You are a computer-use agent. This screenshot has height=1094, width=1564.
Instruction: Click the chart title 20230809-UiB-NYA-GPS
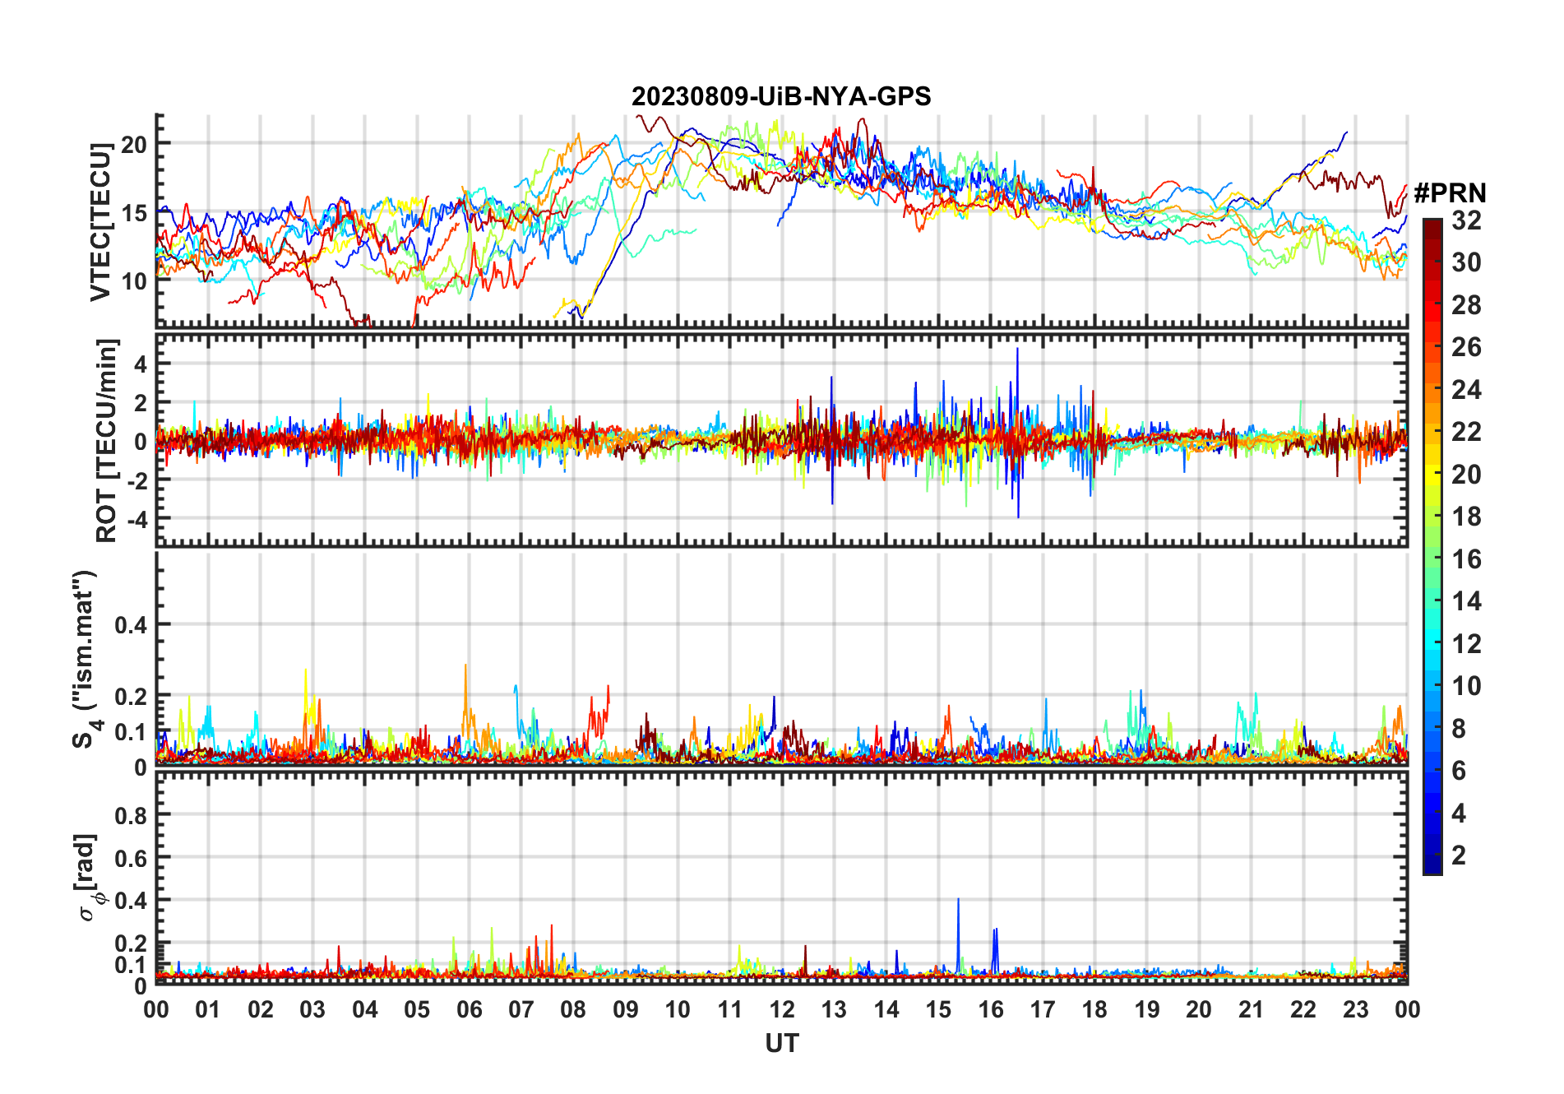point(781,96)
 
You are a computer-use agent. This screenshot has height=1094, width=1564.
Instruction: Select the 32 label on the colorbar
point(1466,220)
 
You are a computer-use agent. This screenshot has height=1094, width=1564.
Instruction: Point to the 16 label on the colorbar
point(1466,559)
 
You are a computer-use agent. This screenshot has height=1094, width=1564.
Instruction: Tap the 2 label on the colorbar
point(1459,855)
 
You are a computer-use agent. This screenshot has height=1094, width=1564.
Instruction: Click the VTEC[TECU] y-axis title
point(100,222)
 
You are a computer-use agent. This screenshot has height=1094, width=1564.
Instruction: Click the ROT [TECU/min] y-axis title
point(107,440)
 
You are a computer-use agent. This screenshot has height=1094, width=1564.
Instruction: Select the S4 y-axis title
point(86,658)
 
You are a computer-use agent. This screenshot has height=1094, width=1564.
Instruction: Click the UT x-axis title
point(781,1044)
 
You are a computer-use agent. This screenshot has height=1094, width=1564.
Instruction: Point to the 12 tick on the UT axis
point(782,1009)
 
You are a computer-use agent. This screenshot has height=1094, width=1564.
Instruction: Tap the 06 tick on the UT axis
point(469,1009)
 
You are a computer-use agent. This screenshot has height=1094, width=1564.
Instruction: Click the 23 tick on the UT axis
point(1355,1009)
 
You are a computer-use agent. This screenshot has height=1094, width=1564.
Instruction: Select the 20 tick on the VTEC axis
point(133,145)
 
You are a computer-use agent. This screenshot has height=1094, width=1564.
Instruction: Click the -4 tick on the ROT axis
point(135,519)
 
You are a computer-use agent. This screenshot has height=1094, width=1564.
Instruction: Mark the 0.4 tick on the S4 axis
point(131,625)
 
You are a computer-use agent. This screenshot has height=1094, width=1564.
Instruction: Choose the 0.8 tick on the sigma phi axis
point(131,815)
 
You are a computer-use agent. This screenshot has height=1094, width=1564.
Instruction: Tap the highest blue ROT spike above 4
point(1017,351)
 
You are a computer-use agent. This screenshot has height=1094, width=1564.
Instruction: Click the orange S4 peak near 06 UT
point(465,668)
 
